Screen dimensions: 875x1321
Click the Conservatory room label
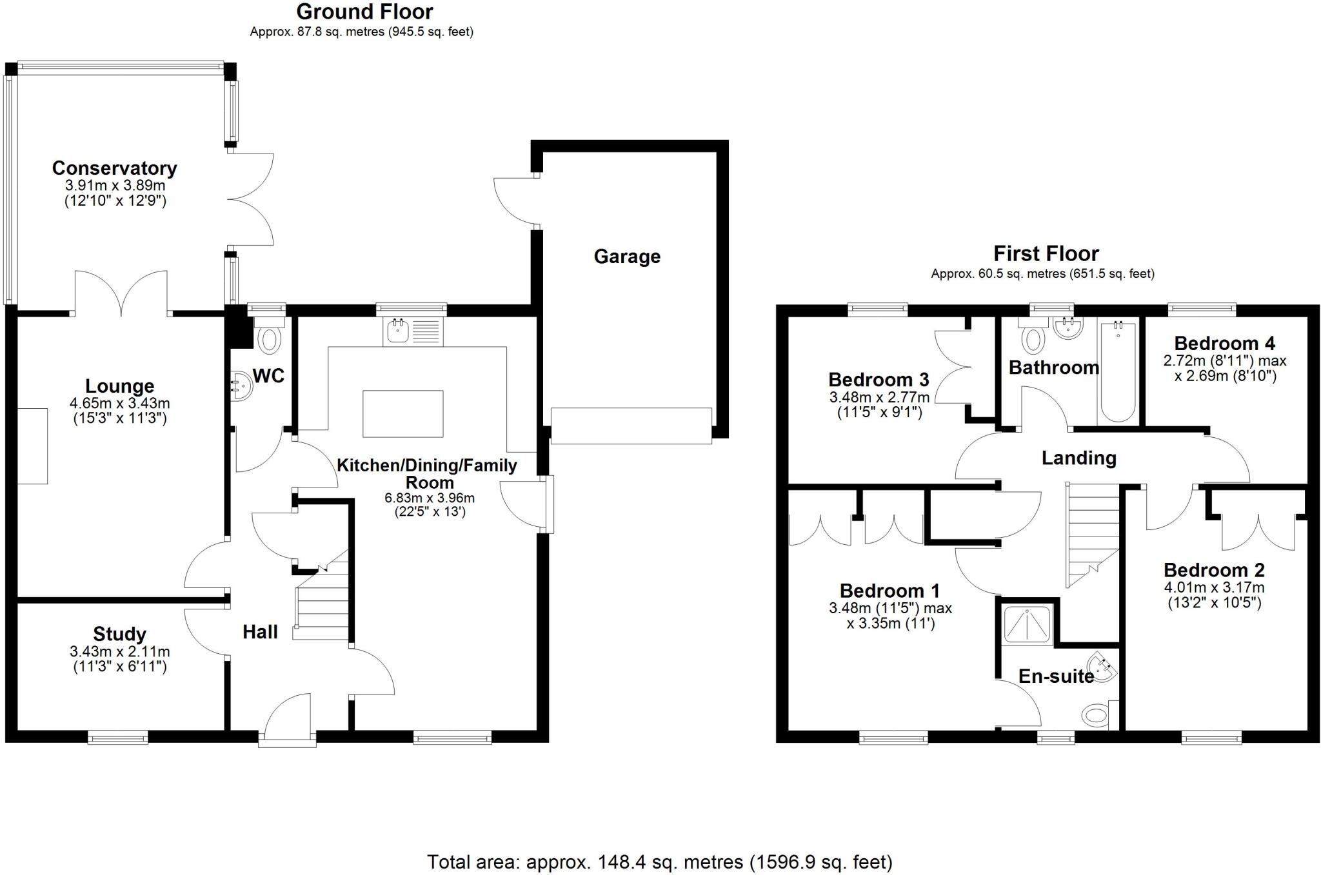tap(114, 168)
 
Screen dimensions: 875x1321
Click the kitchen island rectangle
tap(402, 413)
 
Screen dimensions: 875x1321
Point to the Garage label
tap(627, 257)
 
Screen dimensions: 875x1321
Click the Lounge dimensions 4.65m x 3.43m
tap(119, 404)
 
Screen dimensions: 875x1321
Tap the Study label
tap(119, 634)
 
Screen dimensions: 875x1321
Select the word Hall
tap(260, 632)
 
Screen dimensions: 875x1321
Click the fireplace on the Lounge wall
tap(32, 446)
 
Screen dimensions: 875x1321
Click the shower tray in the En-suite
tap(1027, 623)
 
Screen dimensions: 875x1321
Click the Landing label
tap(1078, 458)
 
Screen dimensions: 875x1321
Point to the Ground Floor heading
tap(364, 12)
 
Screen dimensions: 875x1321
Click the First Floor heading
tap(1046, 253)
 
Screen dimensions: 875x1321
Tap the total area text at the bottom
tap(659, 861)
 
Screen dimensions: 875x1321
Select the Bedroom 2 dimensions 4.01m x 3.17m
tap(1213, 587)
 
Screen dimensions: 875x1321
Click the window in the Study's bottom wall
tap(117, 737)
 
